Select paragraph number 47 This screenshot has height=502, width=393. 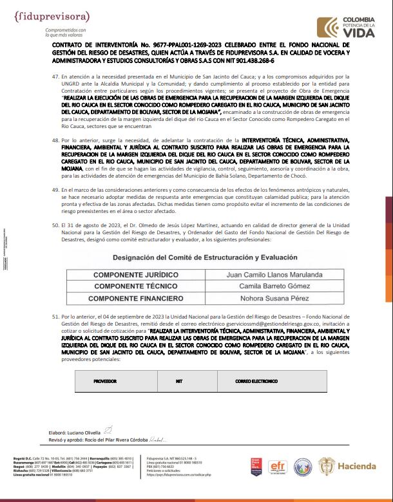click(x=55, y=77)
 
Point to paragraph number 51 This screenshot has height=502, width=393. click(x=55, y=317)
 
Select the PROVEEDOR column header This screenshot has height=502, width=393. click(x=105, y=381)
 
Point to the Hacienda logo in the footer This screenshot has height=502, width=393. click(x=348, y=467)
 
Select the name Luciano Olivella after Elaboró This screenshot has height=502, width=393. click(x=84, y=432)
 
